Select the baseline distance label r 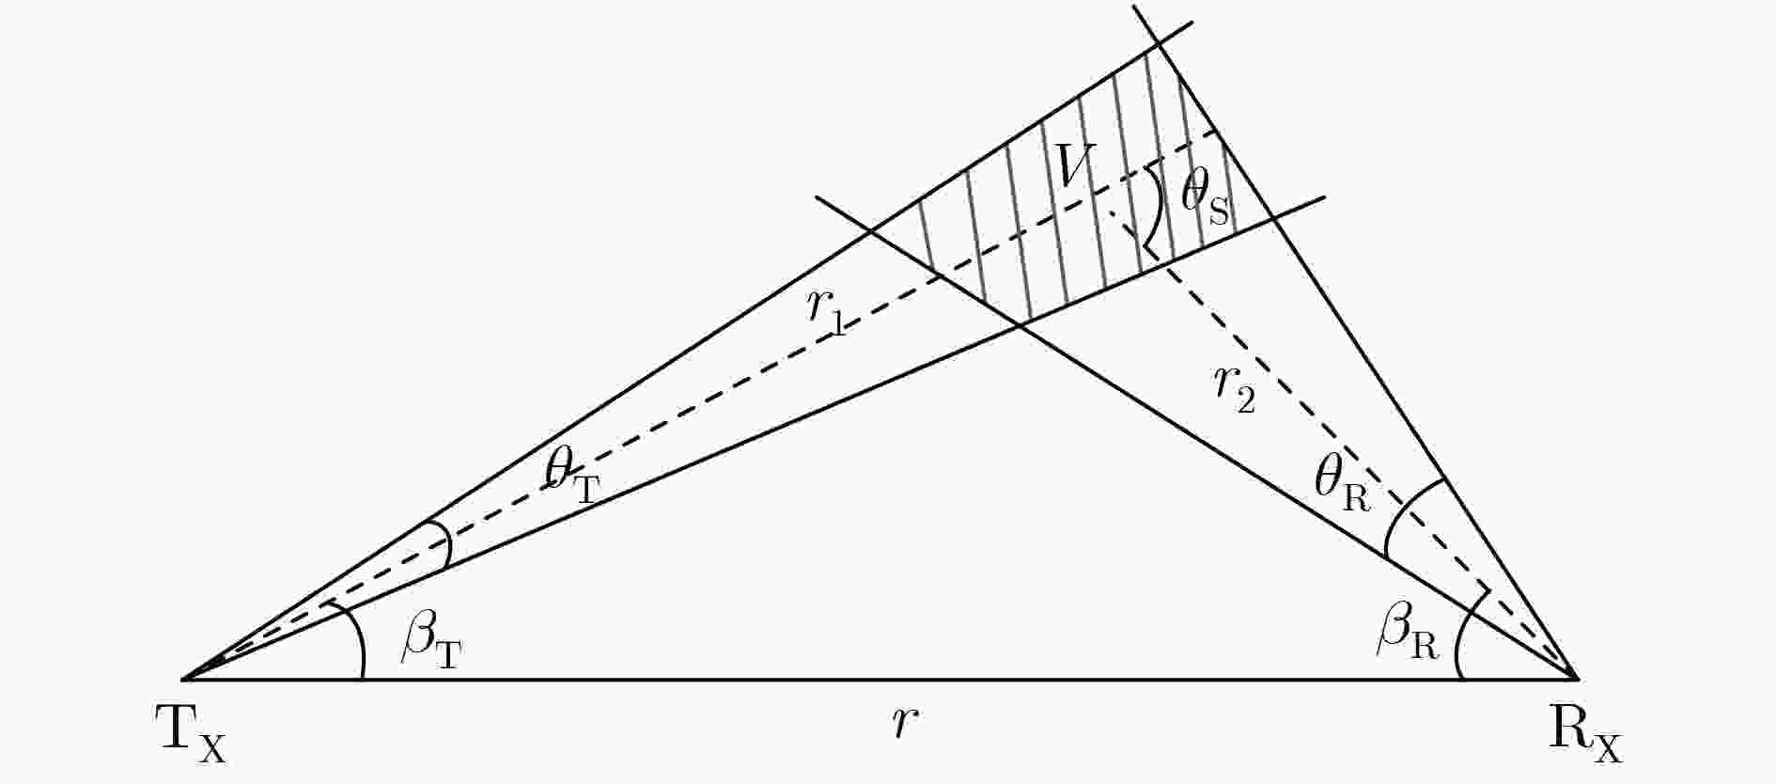[x=904, y=723]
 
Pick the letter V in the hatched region [x=1074, y=166]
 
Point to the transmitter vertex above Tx [x=182, y=678]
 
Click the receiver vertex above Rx [x=1577, y=677]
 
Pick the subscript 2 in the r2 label [x=1244, y=401]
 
